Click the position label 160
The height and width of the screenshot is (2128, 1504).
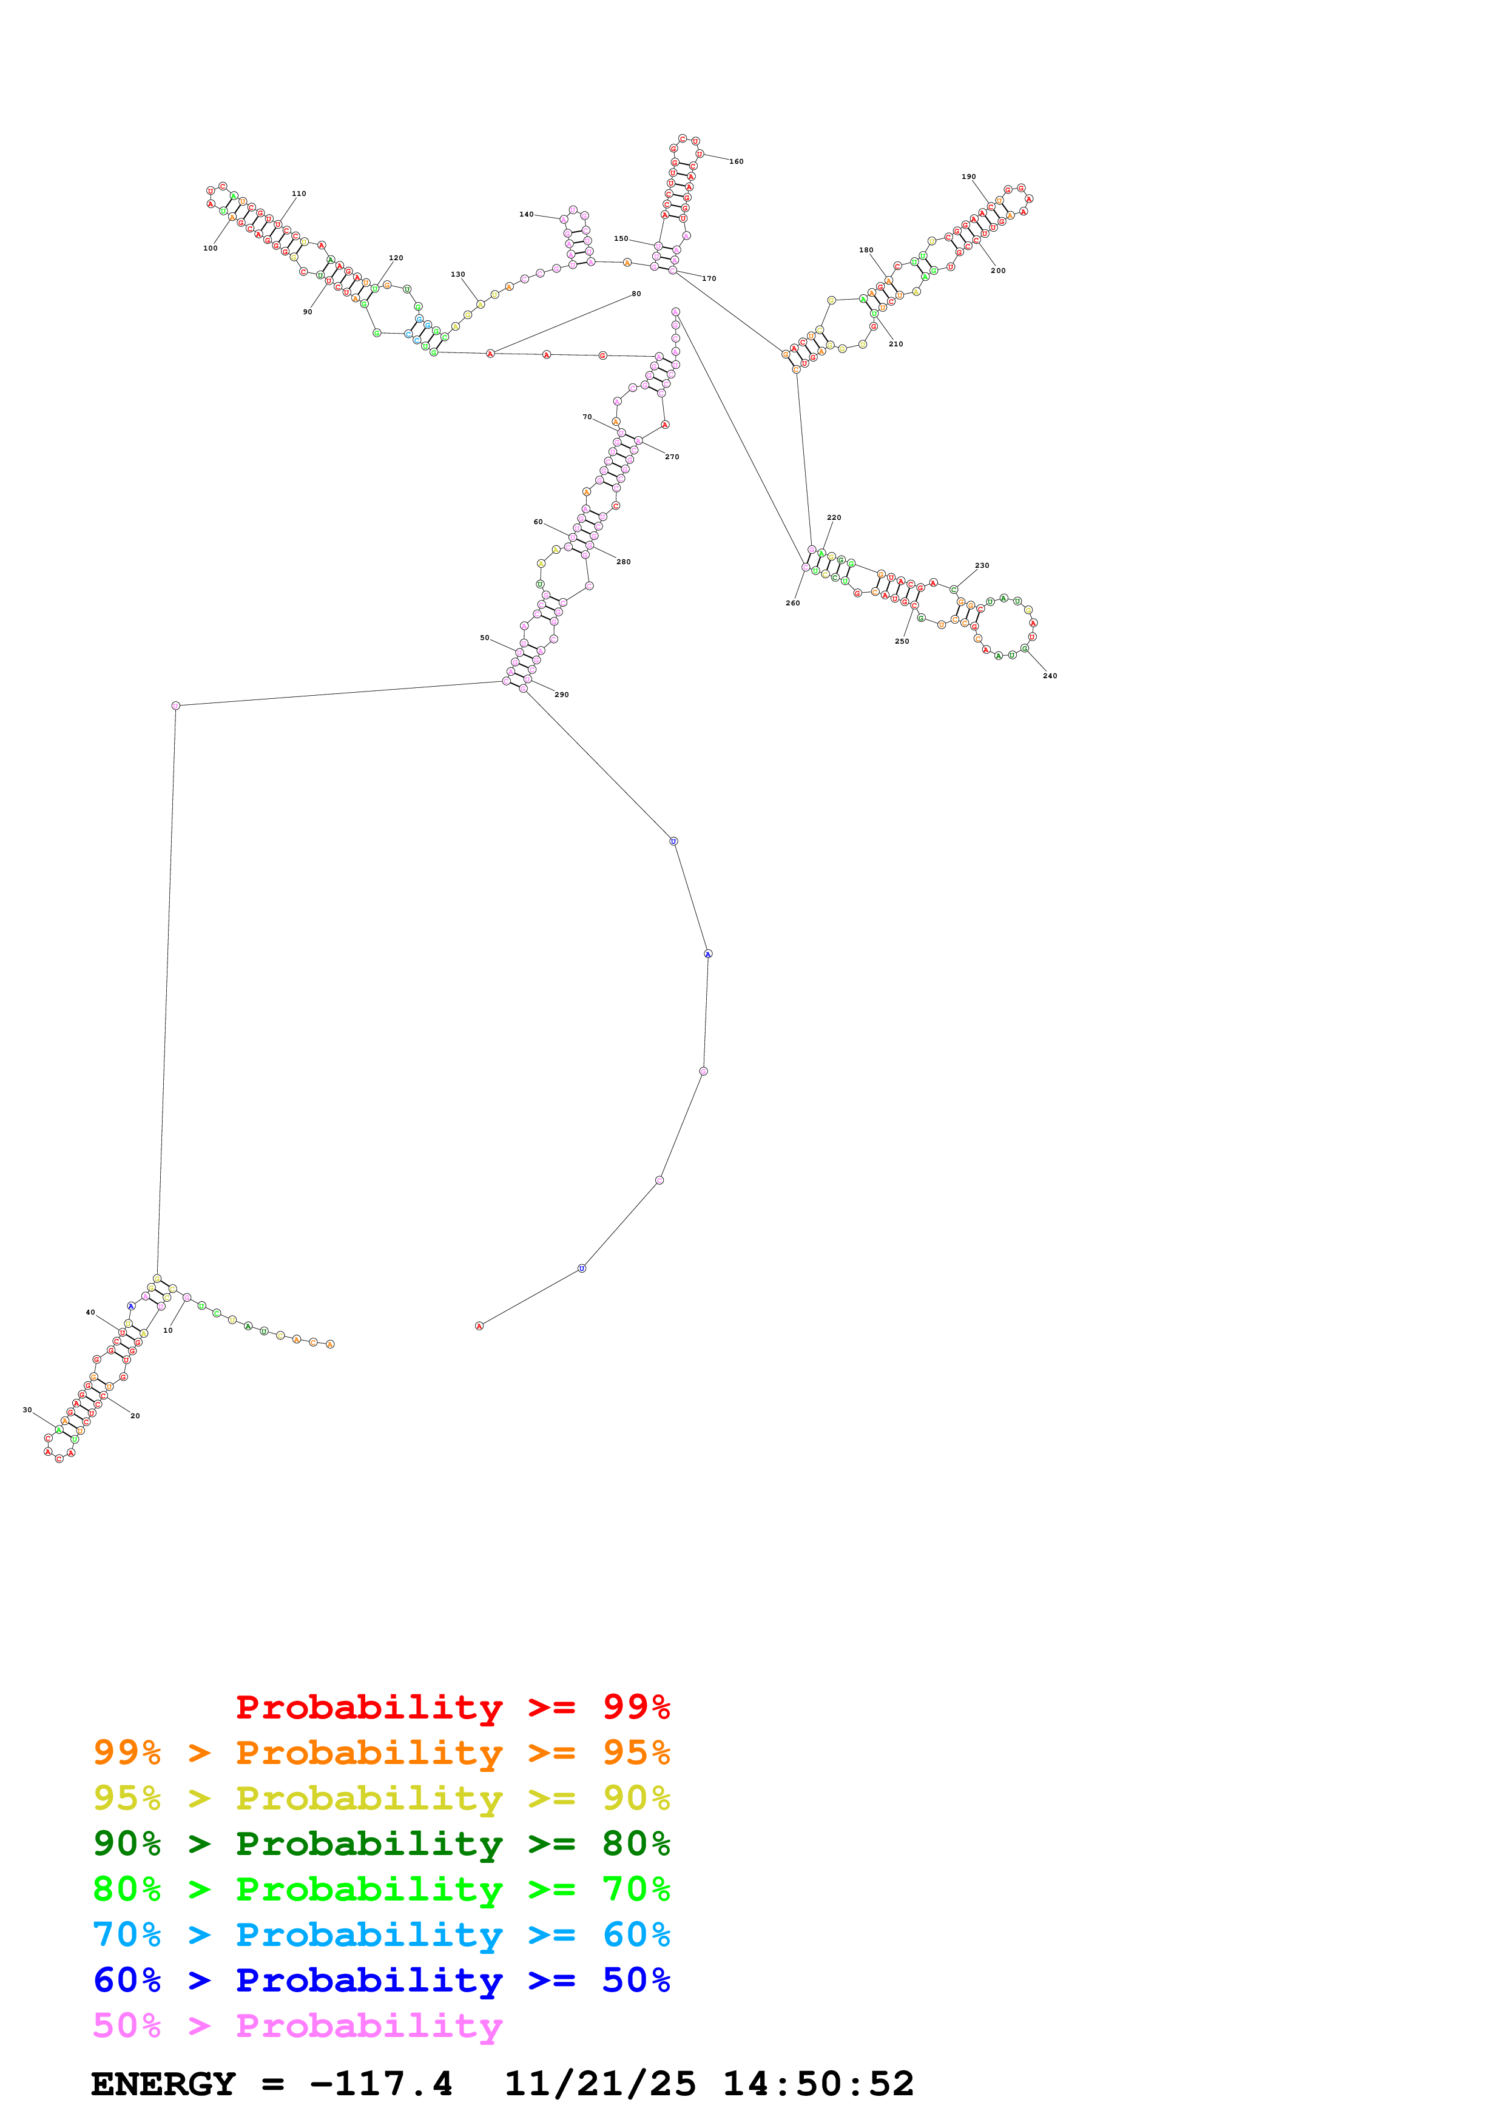tap(736, 162)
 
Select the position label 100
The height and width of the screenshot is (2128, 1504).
tap(211, 248)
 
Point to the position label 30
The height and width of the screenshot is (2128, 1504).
tap(27, 1410)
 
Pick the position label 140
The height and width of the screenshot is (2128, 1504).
tap(527, 215)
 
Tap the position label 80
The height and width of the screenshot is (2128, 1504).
tap(636, 294)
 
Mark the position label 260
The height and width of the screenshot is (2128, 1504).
tap(792, 604)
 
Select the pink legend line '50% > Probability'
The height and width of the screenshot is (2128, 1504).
tap(297, 2026)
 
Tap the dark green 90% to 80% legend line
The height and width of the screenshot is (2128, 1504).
tap(382, 1843)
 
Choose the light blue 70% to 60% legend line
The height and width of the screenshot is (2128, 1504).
tap(382, 1935)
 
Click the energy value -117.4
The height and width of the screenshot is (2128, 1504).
tap(381, 2084)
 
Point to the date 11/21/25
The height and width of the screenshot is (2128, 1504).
tap(599, 2084)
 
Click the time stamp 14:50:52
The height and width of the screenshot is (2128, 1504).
tap(818, 2084)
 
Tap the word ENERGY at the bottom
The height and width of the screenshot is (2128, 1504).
tap(163, 2084)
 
